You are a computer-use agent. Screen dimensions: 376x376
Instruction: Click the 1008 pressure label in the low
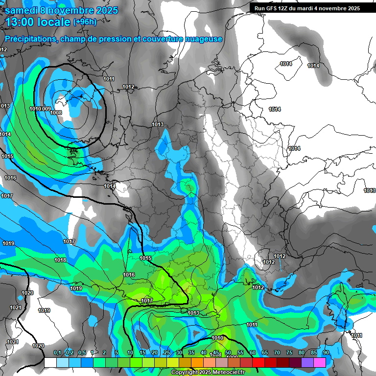point(56,113)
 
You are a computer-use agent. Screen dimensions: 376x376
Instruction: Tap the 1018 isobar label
point(60,260)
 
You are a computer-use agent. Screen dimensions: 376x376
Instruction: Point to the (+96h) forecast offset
point(85,22)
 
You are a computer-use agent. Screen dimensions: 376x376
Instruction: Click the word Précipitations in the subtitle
point(30,39)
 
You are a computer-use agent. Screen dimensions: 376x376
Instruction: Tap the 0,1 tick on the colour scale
point(57,353)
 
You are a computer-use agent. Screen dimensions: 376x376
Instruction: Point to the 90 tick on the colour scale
point(326,353)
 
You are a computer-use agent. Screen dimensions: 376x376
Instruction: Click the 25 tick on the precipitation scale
point(167,353)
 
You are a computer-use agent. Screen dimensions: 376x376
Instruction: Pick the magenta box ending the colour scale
point(320,362)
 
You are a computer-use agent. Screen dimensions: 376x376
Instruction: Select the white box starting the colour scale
point(50,362)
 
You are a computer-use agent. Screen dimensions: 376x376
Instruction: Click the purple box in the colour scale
point(307,362)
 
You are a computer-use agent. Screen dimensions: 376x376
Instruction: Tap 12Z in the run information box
point(284,8)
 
